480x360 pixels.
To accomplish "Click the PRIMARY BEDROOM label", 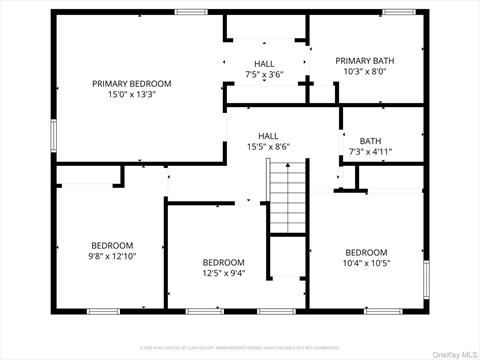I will pyautogui.click(x=131, y=83).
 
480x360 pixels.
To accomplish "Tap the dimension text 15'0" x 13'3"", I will pyautogui.click(x=131, y=94).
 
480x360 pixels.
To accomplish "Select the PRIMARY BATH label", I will pyautogui.click(x=371, y=60).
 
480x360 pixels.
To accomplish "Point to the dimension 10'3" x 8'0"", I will pyautogui.click(x=371, y=72).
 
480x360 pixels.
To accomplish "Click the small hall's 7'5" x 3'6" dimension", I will pyautogui.click(x=263, y=74).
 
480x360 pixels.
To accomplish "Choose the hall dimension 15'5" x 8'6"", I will pyautogui.click(x=268, y=147).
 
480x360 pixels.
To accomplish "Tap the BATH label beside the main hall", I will pyautogui.click(x=370, y=141).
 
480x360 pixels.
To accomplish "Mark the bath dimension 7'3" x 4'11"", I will pyautogui.click(x=370, y=152).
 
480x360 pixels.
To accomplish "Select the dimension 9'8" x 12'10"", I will pyautogui.click(x=112, y=256).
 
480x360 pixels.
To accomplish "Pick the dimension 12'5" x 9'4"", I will pyautogui.click(x=223, y=273).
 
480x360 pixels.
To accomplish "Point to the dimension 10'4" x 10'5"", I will pyautogui.click(x=366, y=263).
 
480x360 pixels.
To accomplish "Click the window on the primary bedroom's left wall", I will pyautogui.click(x=54, y=135).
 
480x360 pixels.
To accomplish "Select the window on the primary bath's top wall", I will pyautogui.click(x=397, y=12).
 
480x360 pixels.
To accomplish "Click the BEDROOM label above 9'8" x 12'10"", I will pyautogui.click(x=112, y=245).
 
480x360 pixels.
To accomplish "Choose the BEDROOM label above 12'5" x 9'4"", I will pyautogui.click(x=223, y=262).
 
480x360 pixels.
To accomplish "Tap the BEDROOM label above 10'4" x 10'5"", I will pyautogui.click(x=366, y=252).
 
